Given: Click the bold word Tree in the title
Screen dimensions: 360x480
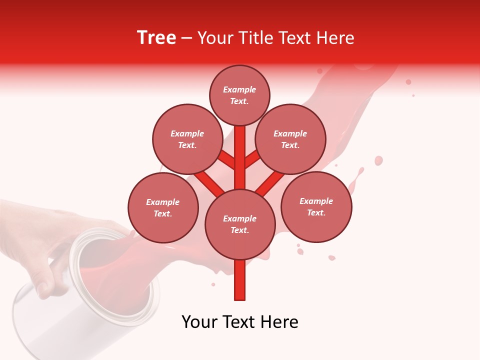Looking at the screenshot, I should pyautogui.click(x=156, y=38).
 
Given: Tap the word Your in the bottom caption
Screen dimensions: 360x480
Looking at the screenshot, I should pyautogui.click(x=200, y=322).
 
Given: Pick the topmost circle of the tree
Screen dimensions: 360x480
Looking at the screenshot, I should pyautogui.click(x=239, y=95).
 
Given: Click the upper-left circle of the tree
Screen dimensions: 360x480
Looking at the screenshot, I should pyautogui.click(x=187, y=139).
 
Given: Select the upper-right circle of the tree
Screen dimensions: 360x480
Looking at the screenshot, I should pyautogui.click(x=290, y=139).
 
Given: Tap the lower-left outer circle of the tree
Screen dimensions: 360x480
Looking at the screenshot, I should pyautogui.click(x=163, y=207).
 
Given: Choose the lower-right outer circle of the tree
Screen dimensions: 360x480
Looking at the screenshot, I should pyautogui.click(x=316, y=206).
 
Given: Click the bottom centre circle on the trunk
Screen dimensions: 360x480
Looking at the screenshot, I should pyautogui.click(x=240, y=224).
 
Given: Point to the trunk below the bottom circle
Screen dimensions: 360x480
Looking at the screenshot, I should pyautogui.click(x=240, y=280).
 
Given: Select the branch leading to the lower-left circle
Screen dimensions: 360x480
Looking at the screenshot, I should pyautogui.click(x=209, y=182).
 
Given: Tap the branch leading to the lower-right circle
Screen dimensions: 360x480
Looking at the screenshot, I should pyautogui.click(x=270, y=182).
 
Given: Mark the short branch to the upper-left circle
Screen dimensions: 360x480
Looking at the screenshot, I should pyautogui.click(x=226, y=159).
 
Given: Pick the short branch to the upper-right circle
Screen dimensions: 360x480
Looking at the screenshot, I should pyautogui.click(x=252, y=159).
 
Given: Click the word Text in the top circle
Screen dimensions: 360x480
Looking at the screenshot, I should pyautogui.click(x=239, y=101).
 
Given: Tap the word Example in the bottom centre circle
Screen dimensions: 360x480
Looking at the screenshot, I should pyautogui.click(x=239, y=218).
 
